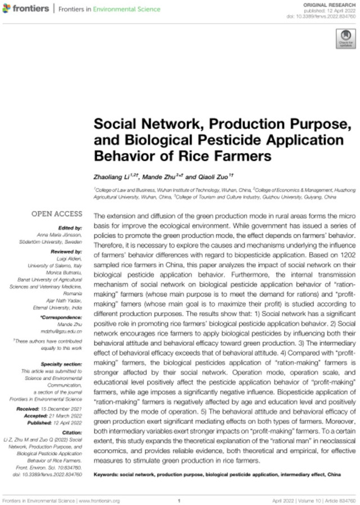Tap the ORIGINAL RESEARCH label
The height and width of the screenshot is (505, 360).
click(x=328, y=5)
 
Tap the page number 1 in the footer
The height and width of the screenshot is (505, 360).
click(x=178, y=500)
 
